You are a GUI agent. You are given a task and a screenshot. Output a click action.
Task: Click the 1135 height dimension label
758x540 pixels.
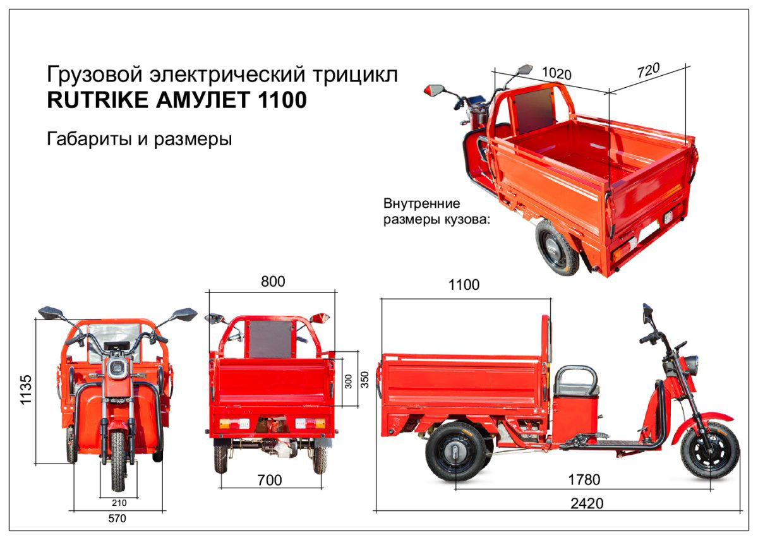click(26, 389)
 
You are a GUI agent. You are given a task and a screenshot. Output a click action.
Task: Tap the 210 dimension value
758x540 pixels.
click(119, 503)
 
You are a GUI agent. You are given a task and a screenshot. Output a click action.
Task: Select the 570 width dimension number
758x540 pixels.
click(117, 519)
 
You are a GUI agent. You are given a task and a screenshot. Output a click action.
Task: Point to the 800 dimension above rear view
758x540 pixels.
click(273, 282)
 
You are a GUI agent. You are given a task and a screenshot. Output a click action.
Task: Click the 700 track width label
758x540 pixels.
click(269, 480)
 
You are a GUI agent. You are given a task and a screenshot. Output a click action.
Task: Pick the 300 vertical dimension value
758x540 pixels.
click(348, 381)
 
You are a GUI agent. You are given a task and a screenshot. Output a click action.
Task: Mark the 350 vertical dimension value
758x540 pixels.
click(364, 380)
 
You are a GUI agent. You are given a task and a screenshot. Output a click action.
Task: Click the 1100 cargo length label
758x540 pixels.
click(464, 285)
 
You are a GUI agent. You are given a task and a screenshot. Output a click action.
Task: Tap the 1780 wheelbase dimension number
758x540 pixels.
click(584, 479)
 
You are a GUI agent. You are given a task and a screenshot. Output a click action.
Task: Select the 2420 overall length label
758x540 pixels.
click(587, 503)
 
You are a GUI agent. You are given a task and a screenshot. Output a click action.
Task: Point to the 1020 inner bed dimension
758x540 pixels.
click(556, 73)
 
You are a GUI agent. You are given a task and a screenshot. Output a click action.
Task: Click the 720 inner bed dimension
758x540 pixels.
click(648, 70)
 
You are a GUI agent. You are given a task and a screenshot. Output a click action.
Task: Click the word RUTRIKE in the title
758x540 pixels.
click(97, 100)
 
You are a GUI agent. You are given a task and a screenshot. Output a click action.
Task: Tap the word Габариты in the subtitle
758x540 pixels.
click(89, 139)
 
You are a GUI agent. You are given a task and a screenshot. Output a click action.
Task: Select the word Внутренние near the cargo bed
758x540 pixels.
click(422, 203)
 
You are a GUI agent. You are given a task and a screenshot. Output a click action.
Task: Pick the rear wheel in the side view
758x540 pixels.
click(455, 452)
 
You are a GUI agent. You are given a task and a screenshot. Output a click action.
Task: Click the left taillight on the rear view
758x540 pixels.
click(234, 424)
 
